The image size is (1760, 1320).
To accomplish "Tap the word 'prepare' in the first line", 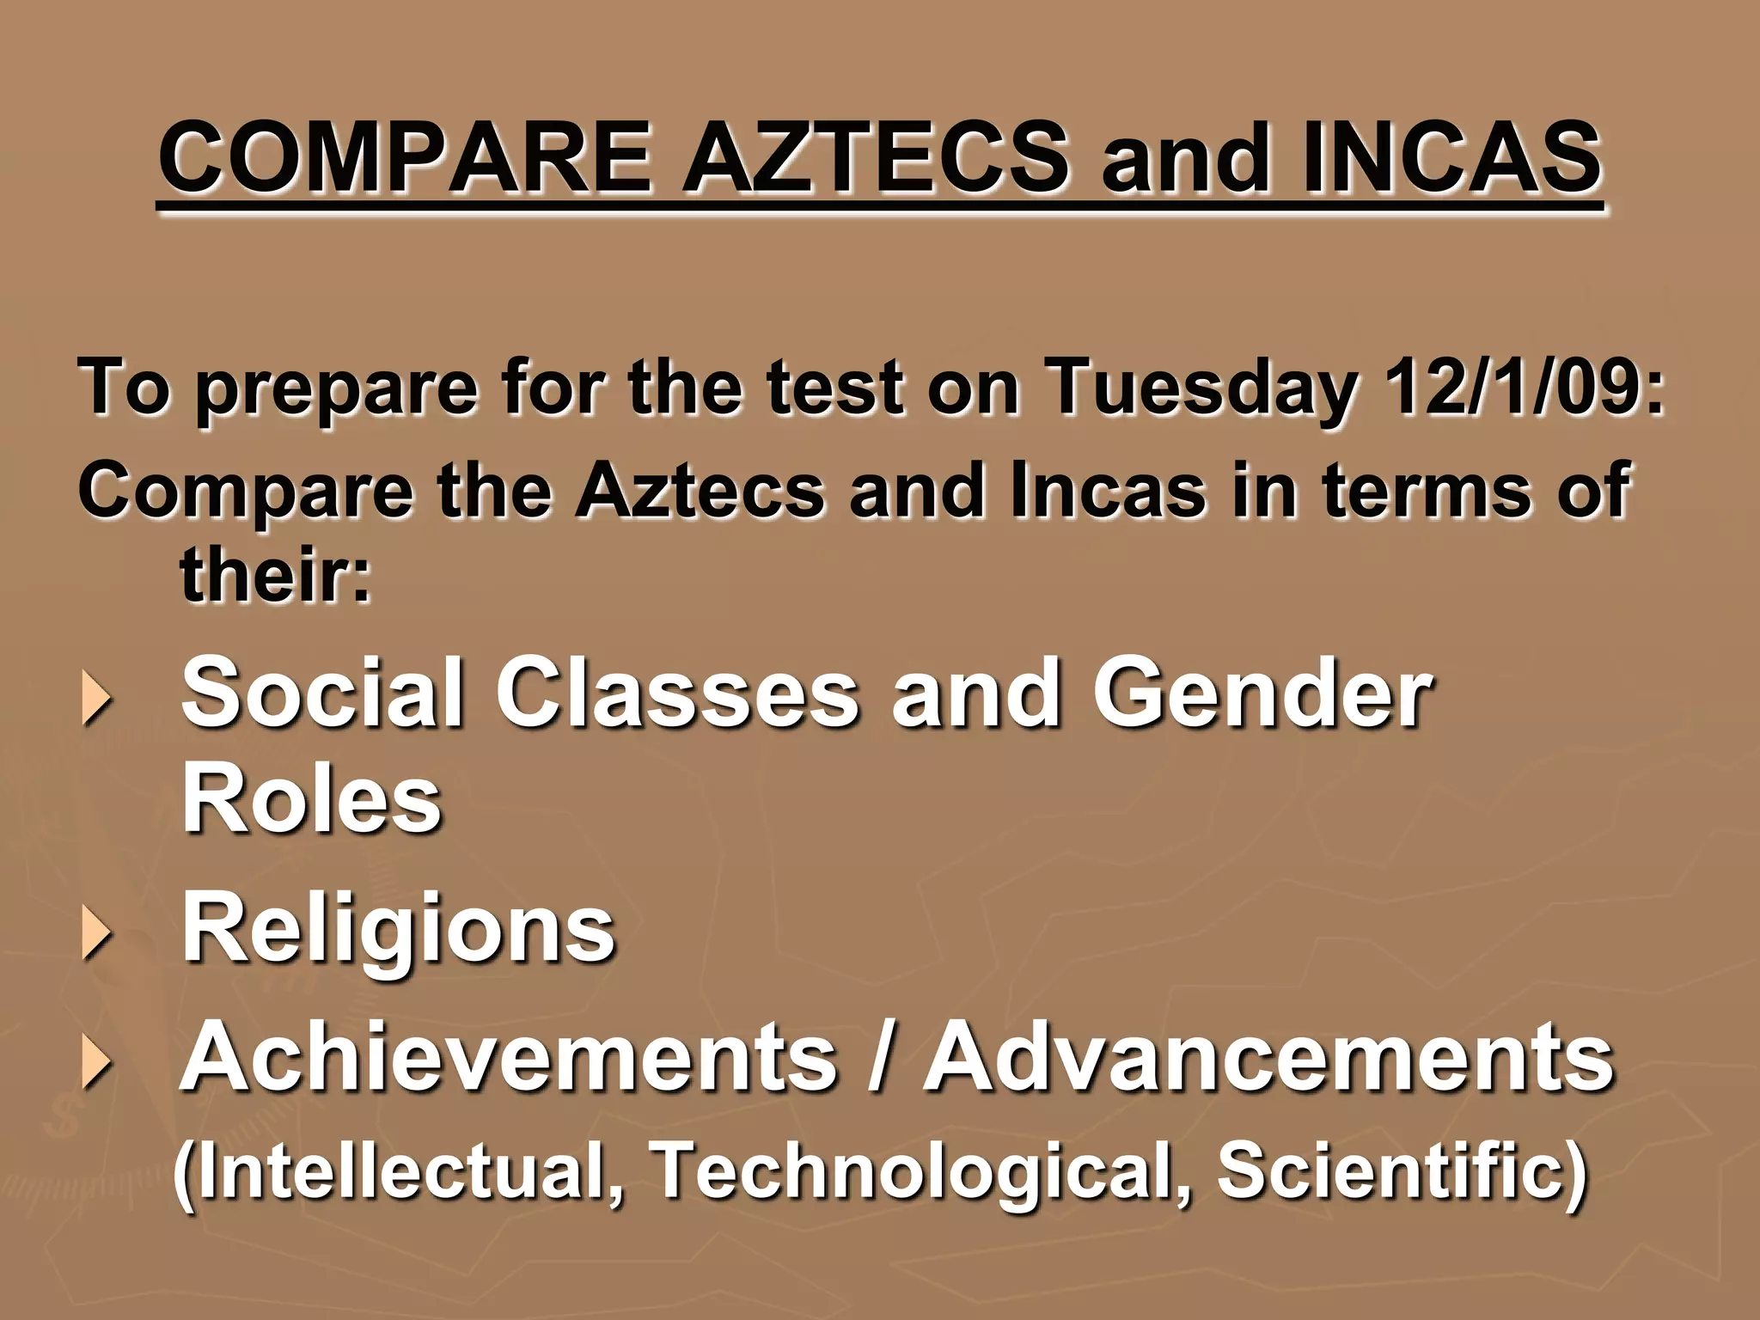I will tap(336, 391).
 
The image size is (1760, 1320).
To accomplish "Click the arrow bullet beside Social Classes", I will tap(96, 699).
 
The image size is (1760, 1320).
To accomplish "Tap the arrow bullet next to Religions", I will tap(96, 934).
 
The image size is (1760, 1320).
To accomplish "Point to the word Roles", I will tap(312, 799).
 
